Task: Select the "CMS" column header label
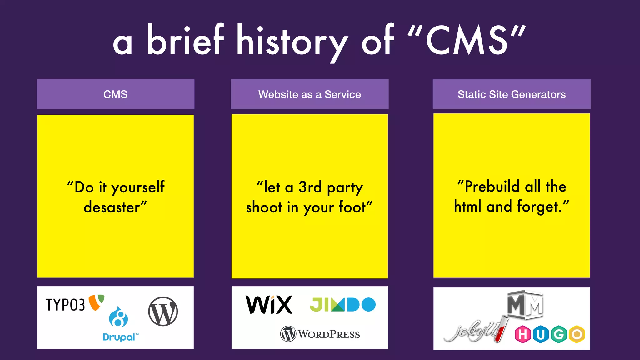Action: [x=115, y=94]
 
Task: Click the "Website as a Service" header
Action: [x=309, y=94]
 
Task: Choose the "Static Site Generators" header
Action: [x=512, y=94]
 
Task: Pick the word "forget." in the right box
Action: [x=540, y=207]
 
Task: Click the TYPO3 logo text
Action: [x=65, y=305]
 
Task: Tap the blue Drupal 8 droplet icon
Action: [x=118, y=317]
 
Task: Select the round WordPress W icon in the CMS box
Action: [x=163, y=312]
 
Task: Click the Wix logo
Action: [x=269, y=305]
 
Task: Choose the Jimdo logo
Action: [x=342, y=305]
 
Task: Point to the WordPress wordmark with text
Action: [x=320, y=334]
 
